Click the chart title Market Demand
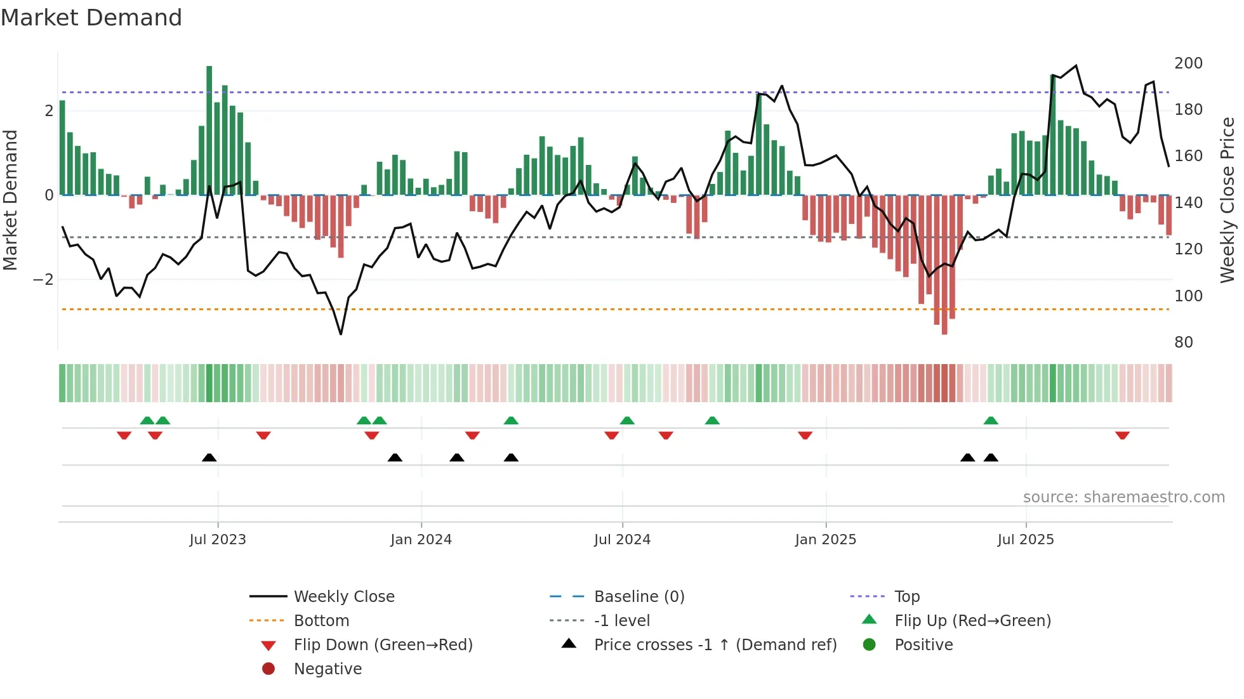coord(91,18)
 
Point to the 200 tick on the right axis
coord(1188,63)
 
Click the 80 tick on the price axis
coord(1184,343)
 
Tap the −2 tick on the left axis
coord(43,280)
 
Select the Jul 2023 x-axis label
coord(218,540)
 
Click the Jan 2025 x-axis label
coord(825,540)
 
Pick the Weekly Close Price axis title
coord(1227,200)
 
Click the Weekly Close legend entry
coord(344,597)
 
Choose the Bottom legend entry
coord(321,621)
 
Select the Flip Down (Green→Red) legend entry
coord(383,645)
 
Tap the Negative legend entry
coord(328,669)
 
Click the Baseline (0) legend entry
coord(639,597)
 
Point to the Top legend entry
coord(907,597)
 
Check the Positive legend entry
coord(923,645)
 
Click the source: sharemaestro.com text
coord(1123,497)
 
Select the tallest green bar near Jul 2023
coord(209,130)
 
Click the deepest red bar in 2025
coord(944,265)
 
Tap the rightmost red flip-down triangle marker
coord(1122,435)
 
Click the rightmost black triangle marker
coord(991,457)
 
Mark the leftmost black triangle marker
coord(209,457)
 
